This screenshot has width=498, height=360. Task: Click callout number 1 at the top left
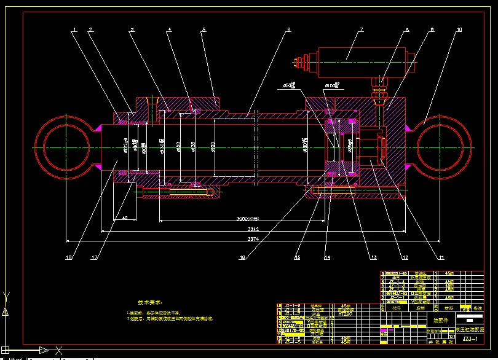click(x=74, y=29)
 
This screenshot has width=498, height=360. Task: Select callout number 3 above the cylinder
click(x=132, y=29)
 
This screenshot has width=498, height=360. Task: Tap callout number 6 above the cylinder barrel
click(x=288, y=29)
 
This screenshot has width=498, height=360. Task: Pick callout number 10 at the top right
click(x=459, y=29)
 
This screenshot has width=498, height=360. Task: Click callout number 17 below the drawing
click(x=94, y=258)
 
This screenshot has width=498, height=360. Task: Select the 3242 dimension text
click(x=253, y=229)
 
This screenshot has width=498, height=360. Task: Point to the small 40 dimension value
click(x=125, y=218)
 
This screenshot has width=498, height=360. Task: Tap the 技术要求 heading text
click(x=151, y=302)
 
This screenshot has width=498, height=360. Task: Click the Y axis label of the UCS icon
click(x=6, y=295)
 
